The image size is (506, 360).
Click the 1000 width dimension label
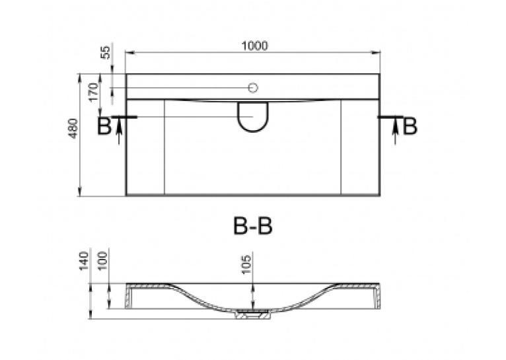point(254,46)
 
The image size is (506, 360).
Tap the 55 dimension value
point(106,52)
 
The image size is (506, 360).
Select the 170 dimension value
point(94,92)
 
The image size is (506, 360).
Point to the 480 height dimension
point(73,128)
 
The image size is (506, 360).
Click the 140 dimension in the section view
point(83,262)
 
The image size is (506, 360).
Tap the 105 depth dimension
point(246,264)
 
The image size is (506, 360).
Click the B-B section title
point(253,226)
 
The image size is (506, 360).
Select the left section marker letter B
point(104,126)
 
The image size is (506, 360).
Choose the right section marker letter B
point(410,126)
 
